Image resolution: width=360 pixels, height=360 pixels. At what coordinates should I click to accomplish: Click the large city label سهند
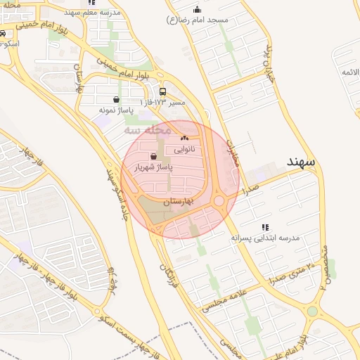point(303,162)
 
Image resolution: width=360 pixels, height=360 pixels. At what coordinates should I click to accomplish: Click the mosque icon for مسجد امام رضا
point(197,10)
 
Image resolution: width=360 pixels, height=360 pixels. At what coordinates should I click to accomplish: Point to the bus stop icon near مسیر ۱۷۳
point(163,91)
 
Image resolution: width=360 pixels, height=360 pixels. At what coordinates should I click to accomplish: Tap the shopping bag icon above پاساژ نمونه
point(116,99)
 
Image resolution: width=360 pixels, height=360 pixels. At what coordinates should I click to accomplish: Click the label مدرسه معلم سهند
point(93,13)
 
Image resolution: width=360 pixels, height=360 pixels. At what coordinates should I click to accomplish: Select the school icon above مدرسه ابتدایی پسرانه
point(265,226)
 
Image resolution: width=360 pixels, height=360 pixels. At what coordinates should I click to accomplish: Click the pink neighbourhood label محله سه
point(148,130)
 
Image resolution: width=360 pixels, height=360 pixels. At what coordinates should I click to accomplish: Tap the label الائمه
point(350,72)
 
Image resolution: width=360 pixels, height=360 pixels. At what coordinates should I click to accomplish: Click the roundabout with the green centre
point(311,310)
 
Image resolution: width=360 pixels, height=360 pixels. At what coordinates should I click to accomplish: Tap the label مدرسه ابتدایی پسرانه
point(265,238)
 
